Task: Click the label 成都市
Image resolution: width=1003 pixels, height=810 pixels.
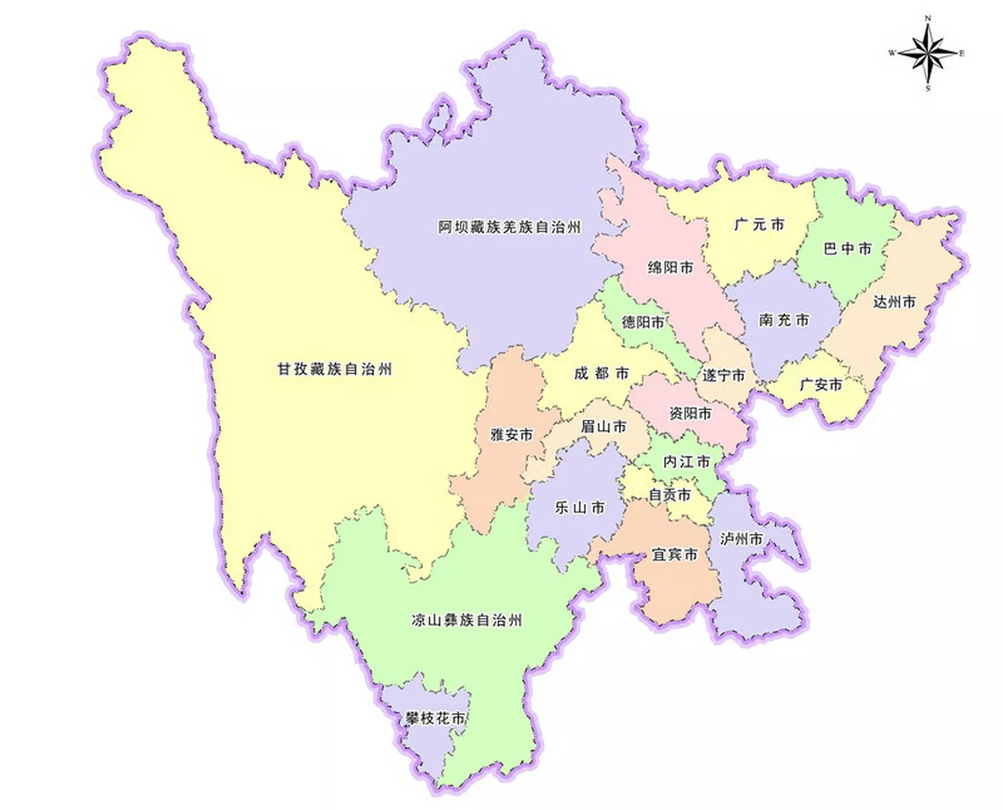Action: pyautogui.click(x=601, y=373)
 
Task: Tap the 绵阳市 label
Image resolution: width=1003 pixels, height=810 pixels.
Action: pyautogui.click(x=670, y=268)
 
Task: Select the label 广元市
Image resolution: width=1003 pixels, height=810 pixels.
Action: pyautogui.click(x=759, y=225)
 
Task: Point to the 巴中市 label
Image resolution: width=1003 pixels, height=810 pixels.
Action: pyautogui.click(x=847, y=249)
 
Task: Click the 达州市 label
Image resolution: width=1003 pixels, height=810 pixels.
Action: pyautogui.click(x=894, y=302)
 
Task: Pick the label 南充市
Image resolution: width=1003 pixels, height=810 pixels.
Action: pyautogui.click(x=784, y=320)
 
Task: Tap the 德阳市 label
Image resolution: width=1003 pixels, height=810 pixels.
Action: pyautogui.click(x=643, y=322)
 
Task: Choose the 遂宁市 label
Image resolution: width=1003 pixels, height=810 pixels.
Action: pyautogui.click(x=723, y=375)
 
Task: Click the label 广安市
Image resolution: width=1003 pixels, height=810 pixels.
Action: pyautogui.click(x=821, y=384)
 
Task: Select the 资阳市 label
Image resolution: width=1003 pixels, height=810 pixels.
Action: pyautogui.click(x=690, y=413)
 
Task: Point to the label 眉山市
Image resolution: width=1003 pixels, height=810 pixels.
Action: pyautogui.click(x=604, y=427)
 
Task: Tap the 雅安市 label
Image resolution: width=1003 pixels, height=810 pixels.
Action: pyautogui.click(x=512, y=435)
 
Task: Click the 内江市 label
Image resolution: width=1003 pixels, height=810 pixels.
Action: pyautogui.click(x=686, y=462)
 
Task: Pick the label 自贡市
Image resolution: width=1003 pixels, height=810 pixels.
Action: pyautogui.click(x=670, y=494)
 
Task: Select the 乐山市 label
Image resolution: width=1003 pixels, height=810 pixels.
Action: pyautogui.click(x=580, y=508)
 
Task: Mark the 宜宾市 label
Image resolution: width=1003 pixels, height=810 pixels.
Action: pyautogui.click(x=675, y=554)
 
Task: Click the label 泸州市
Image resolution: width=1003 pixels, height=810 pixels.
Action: pyautogui.click(x=741, y=539)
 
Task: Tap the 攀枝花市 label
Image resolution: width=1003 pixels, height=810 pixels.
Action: pyautogui.click(x=435, y=718)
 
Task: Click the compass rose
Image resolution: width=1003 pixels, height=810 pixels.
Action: pyautogui.click(x=928, y=54)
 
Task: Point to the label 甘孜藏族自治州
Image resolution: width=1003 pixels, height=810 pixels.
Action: pyautogui.click(x=335, y=369)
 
